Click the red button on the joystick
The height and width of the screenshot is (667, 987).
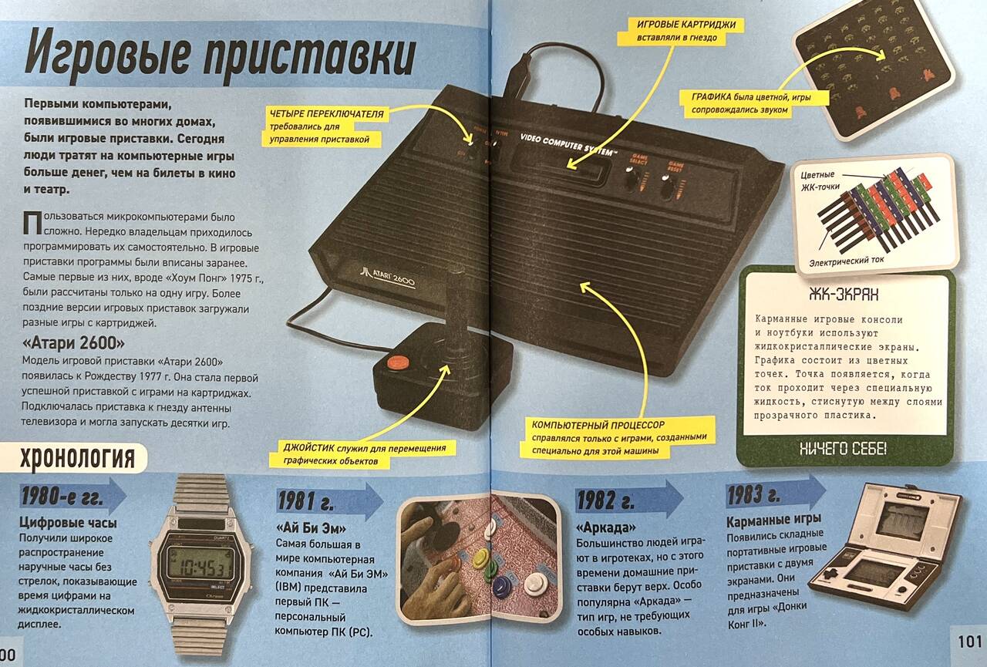point(397,363)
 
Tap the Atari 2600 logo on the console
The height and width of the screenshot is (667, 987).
point(388,276)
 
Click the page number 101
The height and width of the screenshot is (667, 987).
point(971,641)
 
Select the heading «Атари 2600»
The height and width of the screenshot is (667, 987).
point(73,342)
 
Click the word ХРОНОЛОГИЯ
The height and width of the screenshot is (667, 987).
point(78,458)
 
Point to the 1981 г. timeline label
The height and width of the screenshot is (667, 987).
point(305,501)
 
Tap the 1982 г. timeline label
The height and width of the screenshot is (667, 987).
point(605,500)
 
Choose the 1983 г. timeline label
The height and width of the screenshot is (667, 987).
point(753,495)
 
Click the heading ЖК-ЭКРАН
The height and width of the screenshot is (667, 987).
point(844,295)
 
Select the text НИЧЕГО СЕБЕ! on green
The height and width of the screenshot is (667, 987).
point(843,449)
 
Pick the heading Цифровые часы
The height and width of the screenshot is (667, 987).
point(68,523)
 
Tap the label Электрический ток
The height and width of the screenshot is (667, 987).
point(846,261)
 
